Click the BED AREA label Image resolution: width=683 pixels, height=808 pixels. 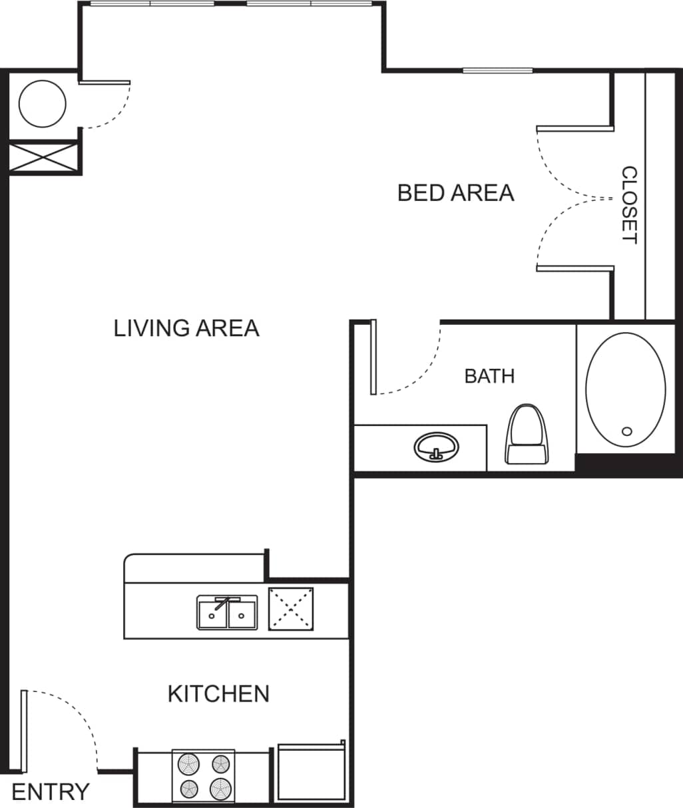pyautogui.click(x=455, y=193)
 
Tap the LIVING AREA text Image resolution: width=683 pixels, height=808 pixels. pyautogui.click(x=186, y=328)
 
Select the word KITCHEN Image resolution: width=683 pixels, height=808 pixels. pyautogui.click(x=218, y=694)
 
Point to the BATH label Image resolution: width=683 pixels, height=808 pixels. pyautogui.click(x=489, y=376)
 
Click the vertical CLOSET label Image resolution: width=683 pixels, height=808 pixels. pyautogui.click(x=629, y=205)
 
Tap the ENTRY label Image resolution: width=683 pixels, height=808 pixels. pyautogui.click(x=51, y=792)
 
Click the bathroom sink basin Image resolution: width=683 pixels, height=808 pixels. pyautogui.click(x=436, y=446)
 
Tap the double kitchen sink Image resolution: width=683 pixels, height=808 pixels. pyautogui.click(x=227, y=613)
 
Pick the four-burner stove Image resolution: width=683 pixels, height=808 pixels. pyautogui.click(x=204, y=776)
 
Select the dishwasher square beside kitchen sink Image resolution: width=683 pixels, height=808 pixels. pyautogui.click(x=291, y=608)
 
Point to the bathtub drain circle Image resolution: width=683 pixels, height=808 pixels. pyautogui.click(x=626, y=431)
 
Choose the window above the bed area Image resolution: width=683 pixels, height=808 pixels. pyautogui.click(x=497, y=71)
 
